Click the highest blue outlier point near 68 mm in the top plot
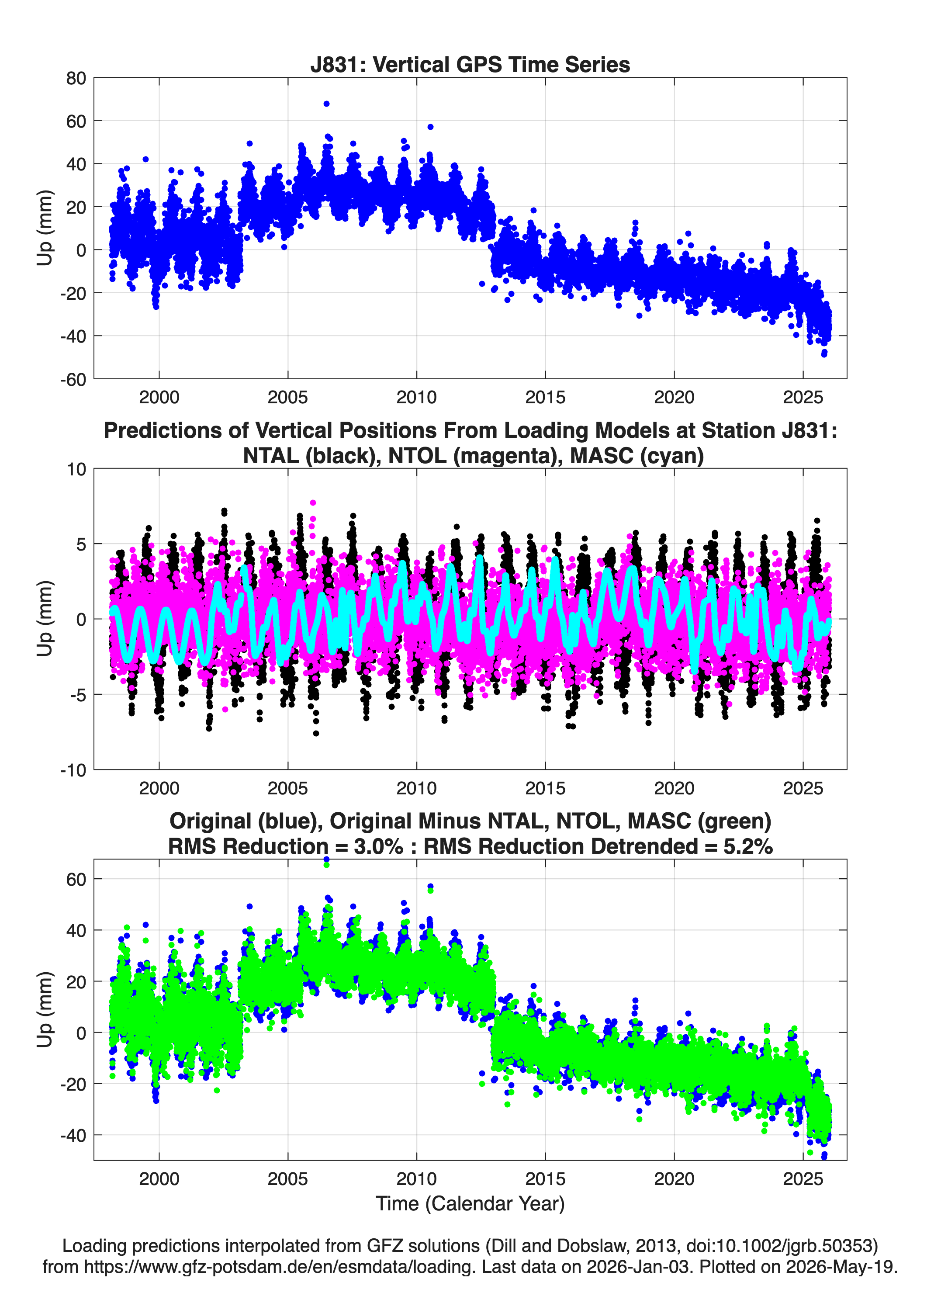[326, 104]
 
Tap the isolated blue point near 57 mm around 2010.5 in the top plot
[430, 127]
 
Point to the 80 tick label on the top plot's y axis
[76, 78]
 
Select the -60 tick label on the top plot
[73, 379]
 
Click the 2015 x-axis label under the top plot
[545, 397]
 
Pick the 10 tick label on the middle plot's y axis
[76, 469]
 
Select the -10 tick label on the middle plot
[73, 770]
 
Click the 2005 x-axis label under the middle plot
[288, 788]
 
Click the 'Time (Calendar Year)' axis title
[470, 1204]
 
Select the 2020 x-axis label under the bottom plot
[675, 1179]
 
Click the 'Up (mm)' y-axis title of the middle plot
[45, 619]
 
